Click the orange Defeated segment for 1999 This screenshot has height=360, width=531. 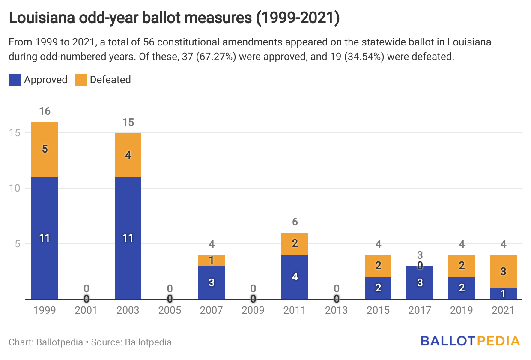pos(45,149)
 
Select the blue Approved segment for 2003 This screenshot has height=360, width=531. pos(128,238)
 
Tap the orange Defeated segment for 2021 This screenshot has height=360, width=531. pos(504,271)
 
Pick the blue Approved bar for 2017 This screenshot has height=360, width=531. pos(420,282)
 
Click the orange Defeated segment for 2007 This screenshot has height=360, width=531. pos(211,260)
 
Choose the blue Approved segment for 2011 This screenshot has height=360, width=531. pos(295,277)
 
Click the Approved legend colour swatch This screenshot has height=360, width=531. pos(15,80)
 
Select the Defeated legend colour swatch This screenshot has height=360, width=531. pos(81,80)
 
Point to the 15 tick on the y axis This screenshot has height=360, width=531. pos(15,133)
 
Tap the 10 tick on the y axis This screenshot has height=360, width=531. pos(15,188)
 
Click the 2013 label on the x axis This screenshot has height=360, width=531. pos(337,310)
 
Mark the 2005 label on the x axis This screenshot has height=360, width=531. pos(170,310)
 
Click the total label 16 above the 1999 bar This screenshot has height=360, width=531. pos(45,111)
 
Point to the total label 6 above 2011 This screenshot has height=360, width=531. pos(295,222)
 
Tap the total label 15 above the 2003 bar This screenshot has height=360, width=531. pos(128,123)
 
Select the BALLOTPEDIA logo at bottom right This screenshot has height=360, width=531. pos(470,341)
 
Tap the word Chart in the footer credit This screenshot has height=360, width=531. pos(19,342)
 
